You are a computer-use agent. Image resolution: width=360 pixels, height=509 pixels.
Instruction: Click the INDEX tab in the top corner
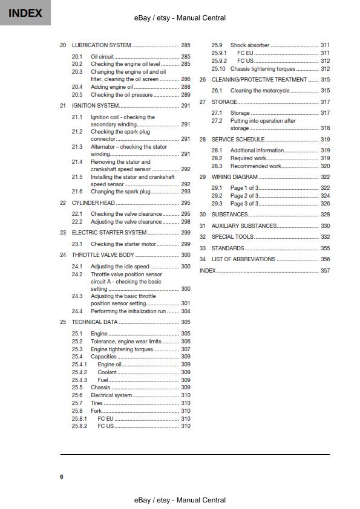25,13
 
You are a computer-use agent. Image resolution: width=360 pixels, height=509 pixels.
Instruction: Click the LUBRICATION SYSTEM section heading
101,45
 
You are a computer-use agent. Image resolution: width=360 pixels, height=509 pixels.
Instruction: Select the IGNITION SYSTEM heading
96,106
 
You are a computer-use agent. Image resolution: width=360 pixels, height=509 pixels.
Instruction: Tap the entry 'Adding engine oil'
113,87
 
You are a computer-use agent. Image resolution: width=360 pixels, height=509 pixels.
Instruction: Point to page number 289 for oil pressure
185,95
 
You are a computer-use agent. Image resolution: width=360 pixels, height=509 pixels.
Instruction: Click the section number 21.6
77,192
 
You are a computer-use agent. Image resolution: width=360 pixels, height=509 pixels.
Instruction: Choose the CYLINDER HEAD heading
93,203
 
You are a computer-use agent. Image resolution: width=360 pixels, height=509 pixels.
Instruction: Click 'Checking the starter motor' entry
123,244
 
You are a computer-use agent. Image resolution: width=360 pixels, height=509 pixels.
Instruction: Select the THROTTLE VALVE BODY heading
103,255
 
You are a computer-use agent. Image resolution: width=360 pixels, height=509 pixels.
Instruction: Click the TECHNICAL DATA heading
94,322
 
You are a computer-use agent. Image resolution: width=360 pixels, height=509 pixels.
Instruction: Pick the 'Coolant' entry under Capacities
108,372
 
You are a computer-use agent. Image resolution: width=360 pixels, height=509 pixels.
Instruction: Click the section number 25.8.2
79,426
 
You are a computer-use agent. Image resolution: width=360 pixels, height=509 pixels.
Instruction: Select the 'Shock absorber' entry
249,45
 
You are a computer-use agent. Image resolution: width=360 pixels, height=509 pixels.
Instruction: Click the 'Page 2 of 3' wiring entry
244,196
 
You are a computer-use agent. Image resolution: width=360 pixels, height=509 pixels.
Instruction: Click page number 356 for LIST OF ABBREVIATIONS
325,259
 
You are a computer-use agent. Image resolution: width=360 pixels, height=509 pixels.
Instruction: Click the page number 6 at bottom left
61,477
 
